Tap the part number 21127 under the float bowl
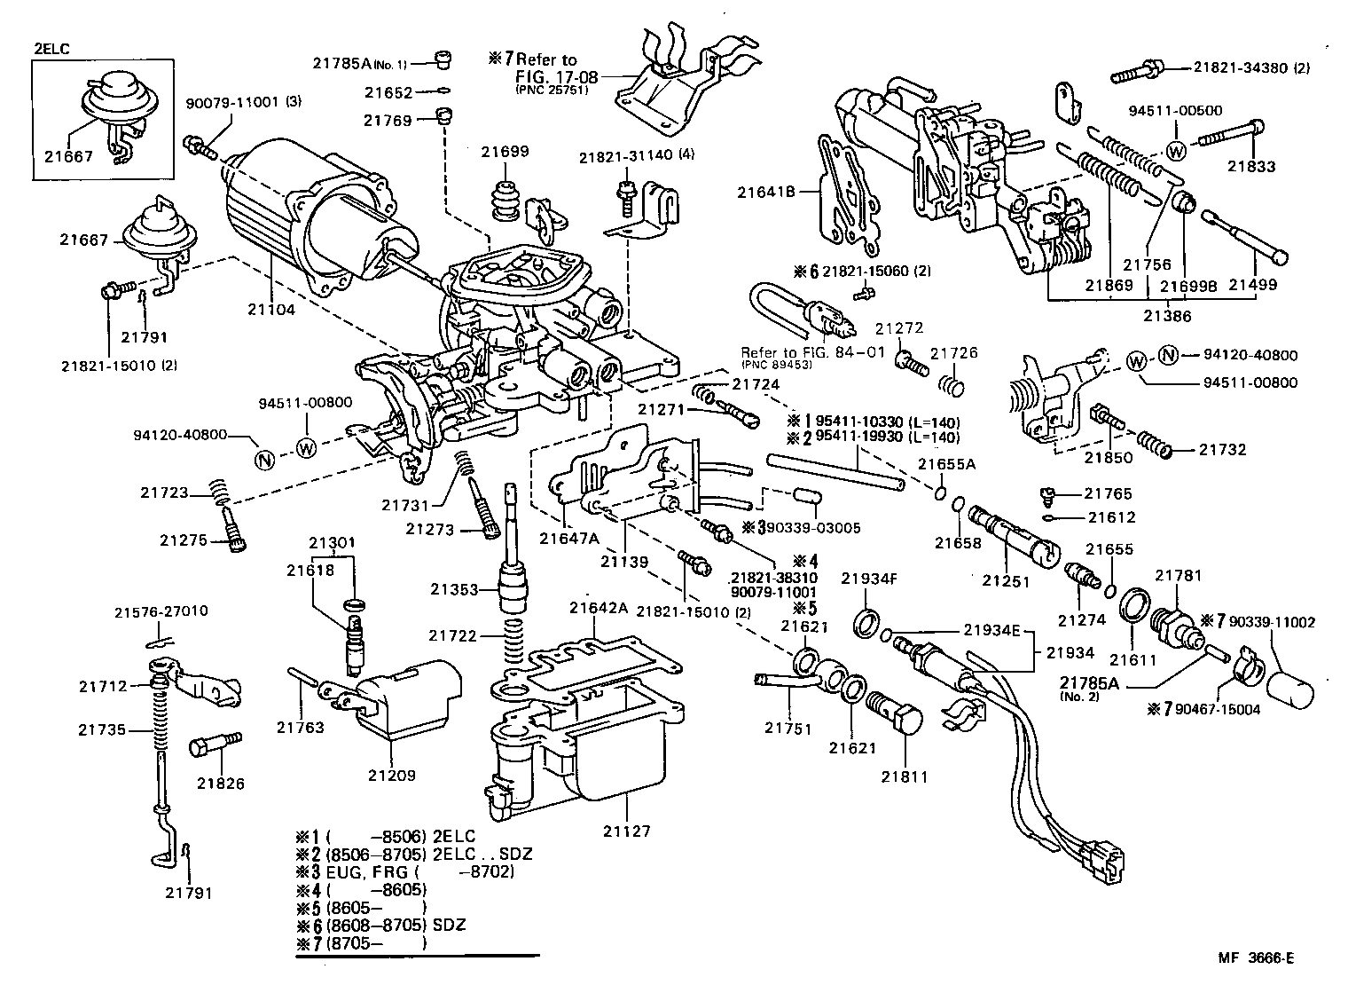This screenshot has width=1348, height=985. tap(626, 831)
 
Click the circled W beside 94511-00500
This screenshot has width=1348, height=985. tap(1176, 150)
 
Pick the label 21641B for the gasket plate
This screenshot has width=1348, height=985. tap(766, 191)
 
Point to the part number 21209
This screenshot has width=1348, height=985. tap(391, 775)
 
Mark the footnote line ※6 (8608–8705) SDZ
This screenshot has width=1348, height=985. tap(381, 925)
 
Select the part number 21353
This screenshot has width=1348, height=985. tap(454, 589)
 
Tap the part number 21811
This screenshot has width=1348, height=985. tap(904, 776)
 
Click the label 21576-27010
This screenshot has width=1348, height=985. tap(161, 611)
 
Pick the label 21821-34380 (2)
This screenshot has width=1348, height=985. tap(1251, 67)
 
